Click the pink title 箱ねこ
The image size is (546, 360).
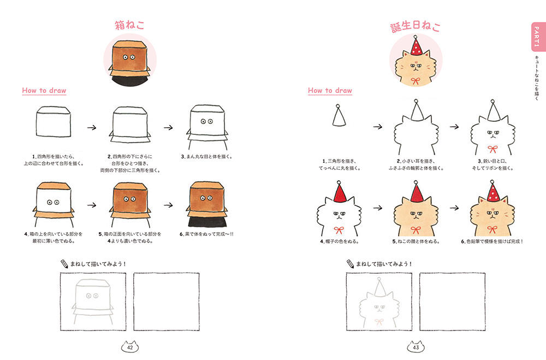point(129,25)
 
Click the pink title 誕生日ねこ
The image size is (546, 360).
point(416,26)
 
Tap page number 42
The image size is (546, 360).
point(130,347)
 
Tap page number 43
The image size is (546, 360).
point(416,347)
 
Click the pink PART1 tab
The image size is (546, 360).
point(537,37)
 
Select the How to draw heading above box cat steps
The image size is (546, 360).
point(44,91)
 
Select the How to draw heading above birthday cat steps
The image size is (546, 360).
point(330,91)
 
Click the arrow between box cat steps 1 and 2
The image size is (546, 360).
point(92,127)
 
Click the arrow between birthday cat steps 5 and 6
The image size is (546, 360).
point(454,208)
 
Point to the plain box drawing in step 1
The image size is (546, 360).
point(54,122)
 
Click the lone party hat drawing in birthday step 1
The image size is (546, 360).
point(339,115)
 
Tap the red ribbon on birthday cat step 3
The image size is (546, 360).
point(492,149)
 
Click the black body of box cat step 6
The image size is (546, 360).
point(207,222)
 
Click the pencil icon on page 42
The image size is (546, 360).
point(64,264)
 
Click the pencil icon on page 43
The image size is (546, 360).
point(351,264)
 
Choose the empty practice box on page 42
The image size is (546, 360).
point(167,302)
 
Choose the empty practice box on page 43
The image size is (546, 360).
point(452,302)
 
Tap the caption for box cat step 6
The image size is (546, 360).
point(206,234)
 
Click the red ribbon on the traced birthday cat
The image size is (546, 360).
point(379,321)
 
